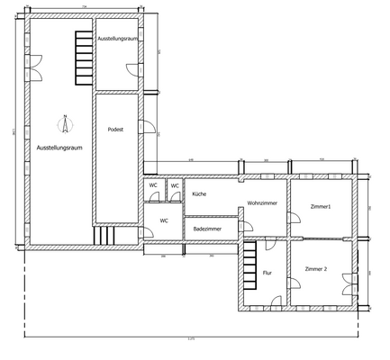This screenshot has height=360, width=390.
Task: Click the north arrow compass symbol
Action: (x=65, y=120)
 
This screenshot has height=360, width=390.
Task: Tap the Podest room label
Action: (x=115, y=130)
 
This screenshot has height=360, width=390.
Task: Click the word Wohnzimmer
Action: (x=262, y=204)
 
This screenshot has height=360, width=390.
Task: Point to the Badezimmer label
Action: (x=207, y=229)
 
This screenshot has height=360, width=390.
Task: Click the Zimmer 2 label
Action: (x=316, y=269)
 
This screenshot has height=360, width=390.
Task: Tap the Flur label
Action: (x=268, y=272)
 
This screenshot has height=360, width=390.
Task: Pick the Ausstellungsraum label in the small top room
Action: (x=116, y=40)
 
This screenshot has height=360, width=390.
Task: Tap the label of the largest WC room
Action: (x=164, y=220)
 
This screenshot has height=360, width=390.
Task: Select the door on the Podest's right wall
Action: (x=144, y=121)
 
